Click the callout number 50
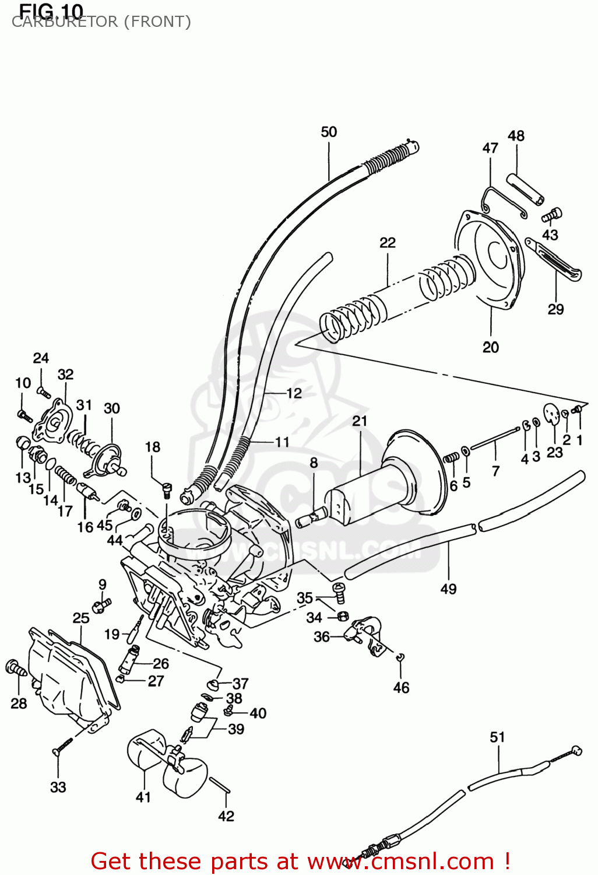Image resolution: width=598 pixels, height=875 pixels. point(329,132)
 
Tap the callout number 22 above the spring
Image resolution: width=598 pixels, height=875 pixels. point(387,243)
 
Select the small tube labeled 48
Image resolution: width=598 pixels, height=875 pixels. point(525,188)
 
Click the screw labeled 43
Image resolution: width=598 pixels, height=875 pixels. point(552,215)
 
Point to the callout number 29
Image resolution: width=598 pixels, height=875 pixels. point(555,309)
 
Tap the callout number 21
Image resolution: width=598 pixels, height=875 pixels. point(360,421)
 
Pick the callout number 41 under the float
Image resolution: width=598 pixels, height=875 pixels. point(143,797)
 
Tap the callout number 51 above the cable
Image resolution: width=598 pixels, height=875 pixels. point(497,737)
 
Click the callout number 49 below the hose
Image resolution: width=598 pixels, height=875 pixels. point(448,589)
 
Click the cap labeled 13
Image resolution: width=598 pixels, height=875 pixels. point(23,443)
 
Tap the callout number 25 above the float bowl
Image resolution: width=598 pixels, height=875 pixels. point(81,618)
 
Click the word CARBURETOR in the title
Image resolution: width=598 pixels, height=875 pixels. point(64,22)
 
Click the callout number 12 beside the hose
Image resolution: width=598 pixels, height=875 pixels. point(294,393)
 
